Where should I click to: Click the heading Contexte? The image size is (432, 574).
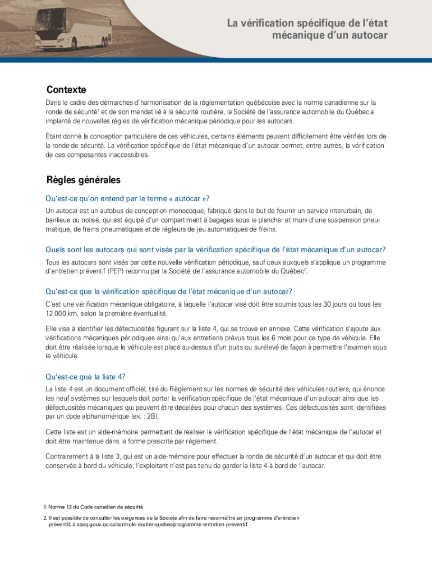(x=66, y=90)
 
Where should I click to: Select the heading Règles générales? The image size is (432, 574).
(x=83, y=180)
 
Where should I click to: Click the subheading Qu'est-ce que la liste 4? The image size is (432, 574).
(x=85, y=377)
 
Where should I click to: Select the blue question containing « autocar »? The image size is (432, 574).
(x=130, y=198)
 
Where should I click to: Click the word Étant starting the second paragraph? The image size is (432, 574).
(x=55, y=136)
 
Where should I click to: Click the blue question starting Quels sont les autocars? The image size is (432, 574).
(x=215, y=249)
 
